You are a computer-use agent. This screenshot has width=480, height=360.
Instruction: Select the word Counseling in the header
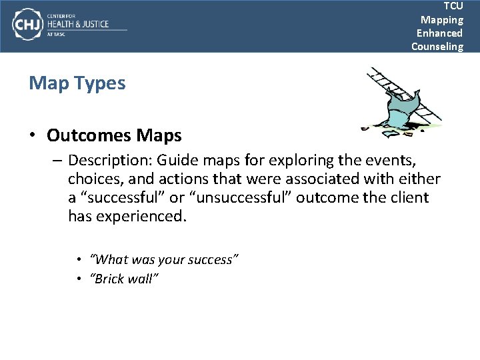[437, 46]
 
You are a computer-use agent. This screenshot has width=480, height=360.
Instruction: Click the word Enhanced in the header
[439, 33]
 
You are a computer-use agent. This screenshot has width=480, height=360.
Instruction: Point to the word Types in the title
[102, 83]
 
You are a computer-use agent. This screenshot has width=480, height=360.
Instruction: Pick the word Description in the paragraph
[109, 161]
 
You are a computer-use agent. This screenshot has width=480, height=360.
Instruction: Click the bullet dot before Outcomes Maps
[33, 136]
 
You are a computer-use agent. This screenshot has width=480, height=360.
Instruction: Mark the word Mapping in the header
[441, 19]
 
